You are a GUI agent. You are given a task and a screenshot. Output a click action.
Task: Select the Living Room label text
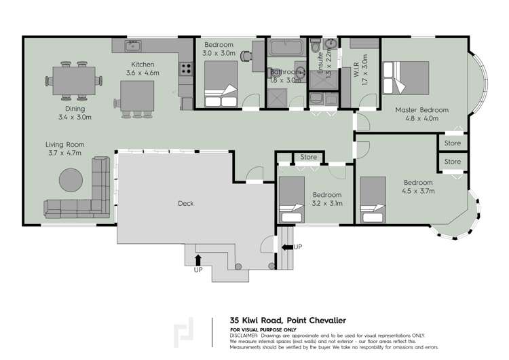pyautogui.click(x=64, y=149)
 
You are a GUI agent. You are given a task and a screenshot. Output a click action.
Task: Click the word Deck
pyautogui.click(x=186, y=203)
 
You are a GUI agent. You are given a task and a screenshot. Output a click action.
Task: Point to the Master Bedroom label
pyautogui.click(x=421, y=110)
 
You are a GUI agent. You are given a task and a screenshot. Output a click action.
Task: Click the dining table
pyautogui.click(x=73, y=81)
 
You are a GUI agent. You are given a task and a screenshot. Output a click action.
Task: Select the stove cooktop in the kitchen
pyautogui.click(x=185, y=68)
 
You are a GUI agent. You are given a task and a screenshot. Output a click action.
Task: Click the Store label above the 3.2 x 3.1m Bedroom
pyautogui.click(x=308, y=158)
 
